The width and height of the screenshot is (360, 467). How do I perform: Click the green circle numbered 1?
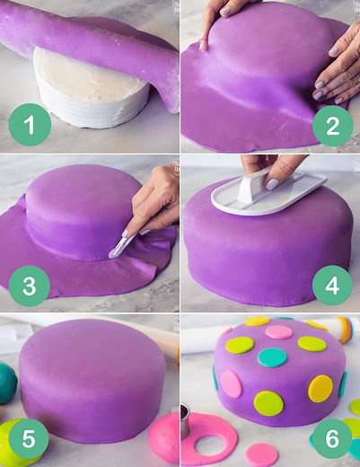(x=30, y=126)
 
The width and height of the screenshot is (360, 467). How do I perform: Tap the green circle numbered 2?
(x=332, y=126)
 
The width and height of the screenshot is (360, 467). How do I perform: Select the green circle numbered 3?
(x=30, y=286)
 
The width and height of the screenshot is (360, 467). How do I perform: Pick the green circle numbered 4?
(x=332, y=286)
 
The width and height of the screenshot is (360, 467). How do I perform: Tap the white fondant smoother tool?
(x=268, y=194)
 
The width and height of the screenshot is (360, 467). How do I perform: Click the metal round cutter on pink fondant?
(x=185, y=419)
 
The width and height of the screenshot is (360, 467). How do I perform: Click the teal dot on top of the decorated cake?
(x=273, y=357)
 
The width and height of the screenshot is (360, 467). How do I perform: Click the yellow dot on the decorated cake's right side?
(x=320, y=388)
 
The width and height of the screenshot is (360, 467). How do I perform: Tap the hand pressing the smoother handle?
(x=269, y=168)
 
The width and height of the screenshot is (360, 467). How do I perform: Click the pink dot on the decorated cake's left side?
(x=232, y=383)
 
